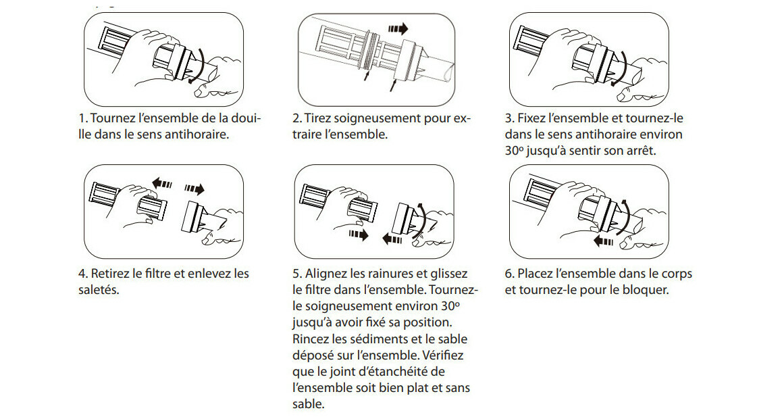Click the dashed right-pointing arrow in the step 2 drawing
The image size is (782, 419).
coord(398,28)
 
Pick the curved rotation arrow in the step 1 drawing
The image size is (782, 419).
coord(200,68)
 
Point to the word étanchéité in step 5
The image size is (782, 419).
coord(400,371)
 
